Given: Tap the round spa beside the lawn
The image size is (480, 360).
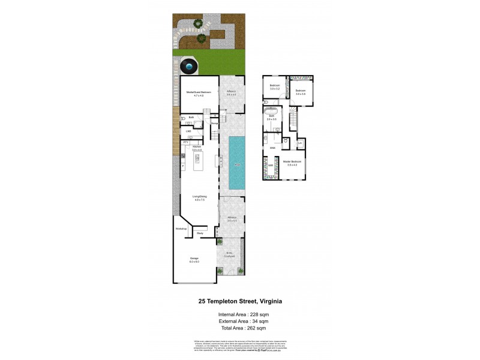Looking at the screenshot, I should pyautogui.click(x=190, y=65).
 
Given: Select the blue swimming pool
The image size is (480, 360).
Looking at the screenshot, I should pyautogui.click(x=237, y=162).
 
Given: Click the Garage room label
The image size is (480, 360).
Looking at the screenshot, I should pyautogui.click(x=194, y=260).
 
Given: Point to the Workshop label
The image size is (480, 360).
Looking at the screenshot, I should pyautogui.click(x=181, y=229).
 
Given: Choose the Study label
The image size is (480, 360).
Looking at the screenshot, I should pyautogui.click(x=200, y=233).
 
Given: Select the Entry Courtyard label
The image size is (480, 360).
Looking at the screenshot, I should pyautogui.click(x=230, y=254).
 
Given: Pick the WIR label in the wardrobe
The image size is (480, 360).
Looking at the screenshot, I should pyautogui.click(x=271, y=165).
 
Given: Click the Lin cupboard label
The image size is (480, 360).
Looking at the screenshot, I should pyautogui.click(x=299, y=143).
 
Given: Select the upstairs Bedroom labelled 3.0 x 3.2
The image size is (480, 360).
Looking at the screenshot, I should pyautogui.click(x=275, y=88).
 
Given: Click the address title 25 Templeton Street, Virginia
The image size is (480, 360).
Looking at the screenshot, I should pyautogui.click(x=240, y=302).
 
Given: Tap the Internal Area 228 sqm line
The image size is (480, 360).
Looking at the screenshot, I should pyautogui.click(x=240, y=315).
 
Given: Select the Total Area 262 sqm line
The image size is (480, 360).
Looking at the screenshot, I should pyautogui.click(x=240, y=328).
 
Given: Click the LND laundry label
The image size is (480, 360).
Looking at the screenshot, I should pyautogui.click(x=188, y=130).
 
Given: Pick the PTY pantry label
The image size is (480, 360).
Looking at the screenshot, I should pyautogui.click(x=185, y=142).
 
